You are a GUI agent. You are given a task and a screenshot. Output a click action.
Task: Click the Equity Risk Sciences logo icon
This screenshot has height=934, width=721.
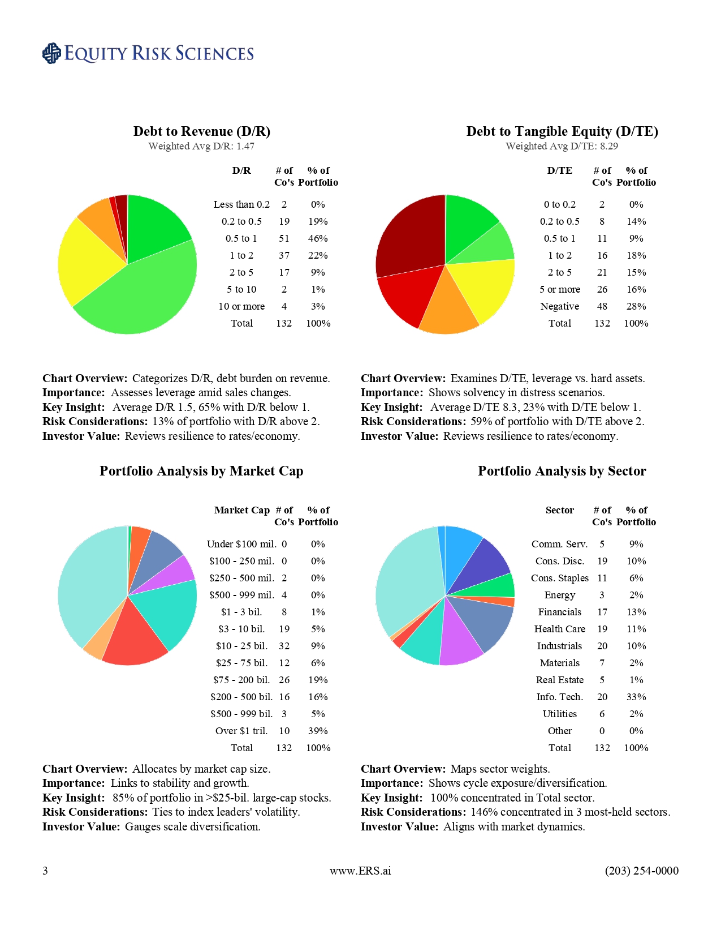coord(51,53)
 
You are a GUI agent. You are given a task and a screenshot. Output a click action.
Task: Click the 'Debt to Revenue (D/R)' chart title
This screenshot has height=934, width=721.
coord(202,131)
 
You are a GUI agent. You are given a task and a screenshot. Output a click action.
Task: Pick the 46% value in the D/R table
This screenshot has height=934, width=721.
coord(318,238)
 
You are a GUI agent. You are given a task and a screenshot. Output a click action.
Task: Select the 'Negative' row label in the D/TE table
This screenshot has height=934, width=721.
coord(559,306)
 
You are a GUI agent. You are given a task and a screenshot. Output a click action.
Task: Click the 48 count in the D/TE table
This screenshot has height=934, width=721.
coord(602,306)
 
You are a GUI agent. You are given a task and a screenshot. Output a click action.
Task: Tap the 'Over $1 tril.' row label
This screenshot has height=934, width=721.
coord(241,731)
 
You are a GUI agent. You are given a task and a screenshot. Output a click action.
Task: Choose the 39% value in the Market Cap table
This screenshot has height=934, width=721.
coord(318,731)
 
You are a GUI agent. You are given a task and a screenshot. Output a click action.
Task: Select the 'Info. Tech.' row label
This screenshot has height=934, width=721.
coord(559,697)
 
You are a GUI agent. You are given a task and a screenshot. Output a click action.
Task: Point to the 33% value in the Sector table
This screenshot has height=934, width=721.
coord(636,697)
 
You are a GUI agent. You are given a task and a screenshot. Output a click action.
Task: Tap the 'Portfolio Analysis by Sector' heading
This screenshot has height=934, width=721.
coord(562,471)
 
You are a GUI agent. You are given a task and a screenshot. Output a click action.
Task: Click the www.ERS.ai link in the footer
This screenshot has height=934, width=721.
coord(360,871)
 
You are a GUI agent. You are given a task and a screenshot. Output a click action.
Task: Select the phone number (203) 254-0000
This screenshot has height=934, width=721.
coord(641,871)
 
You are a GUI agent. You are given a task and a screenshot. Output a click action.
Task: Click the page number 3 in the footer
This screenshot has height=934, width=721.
coord(45,871)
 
